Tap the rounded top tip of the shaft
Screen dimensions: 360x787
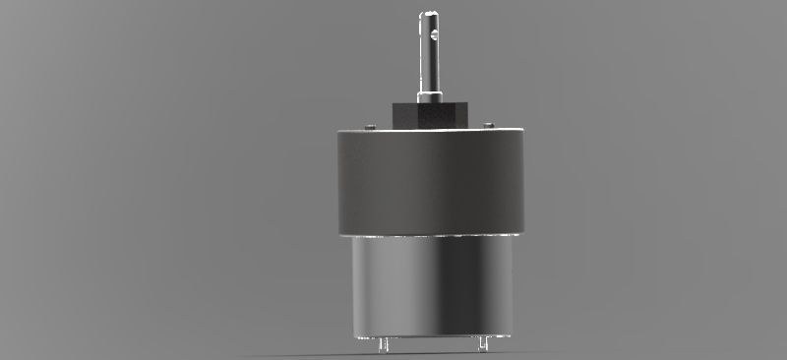430,13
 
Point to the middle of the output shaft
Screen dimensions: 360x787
430,54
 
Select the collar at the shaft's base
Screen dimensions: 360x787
430,97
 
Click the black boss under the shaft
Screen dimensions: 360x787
430,115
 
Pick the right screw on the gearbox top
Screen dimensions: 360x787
488,125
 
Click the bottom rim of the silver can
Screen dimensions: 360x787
430,334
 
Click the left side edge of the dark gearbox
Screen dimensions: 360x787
336,182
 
